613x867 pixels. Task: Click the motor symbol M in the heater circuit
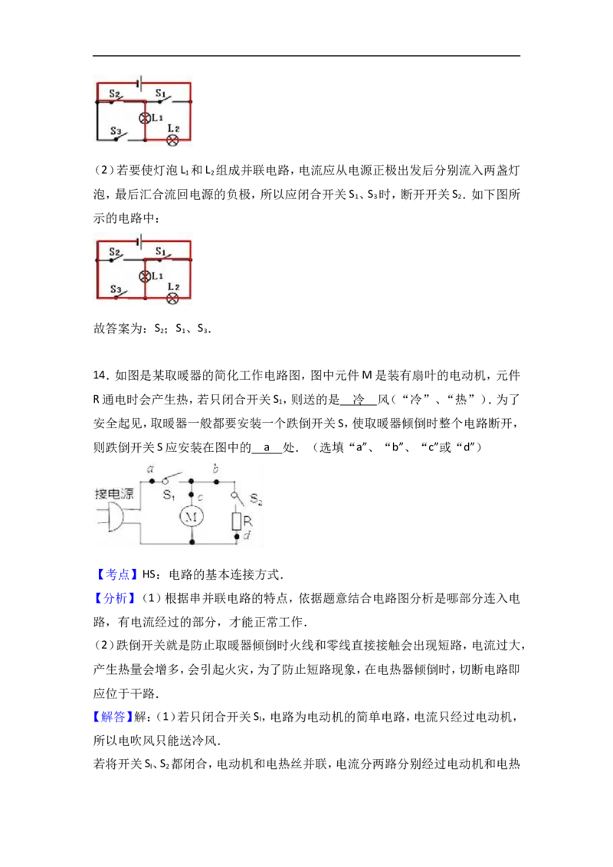pyautogui.click(x=192, y=516)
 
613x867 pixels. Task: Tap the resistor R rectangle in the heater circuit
pyautogui.click(x=237, y=522)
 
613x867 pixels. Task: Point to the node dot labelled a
pyautogui.click(x=152, y=481)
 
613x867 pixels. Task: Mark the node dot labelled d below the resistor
pyautogui.click(x=237, y=536)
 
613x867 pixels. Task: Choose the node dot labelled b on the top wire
pyautogui.click(x=216, y=481)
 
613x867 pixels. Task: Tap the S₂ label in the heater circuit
pyautogui.click(x=256, y=499)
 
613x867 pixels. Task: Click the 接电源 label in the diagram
pyautogui.click(x=114, y=493)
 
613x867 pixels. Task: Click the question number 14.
pyautogui.click(x=100, y=375)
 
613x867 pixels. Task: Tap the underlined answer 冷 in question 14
pyautogui.click(x=359, y=399)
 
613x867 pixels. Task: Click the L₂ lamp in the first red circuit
pyautogui.click(x=172, y=140)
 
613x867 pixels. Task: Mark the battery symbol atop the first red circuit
pyautogui.click(x=140, y=83)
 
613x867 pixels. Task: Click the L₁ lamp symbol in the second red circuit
pyautogui.click(x=145, y=276)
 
